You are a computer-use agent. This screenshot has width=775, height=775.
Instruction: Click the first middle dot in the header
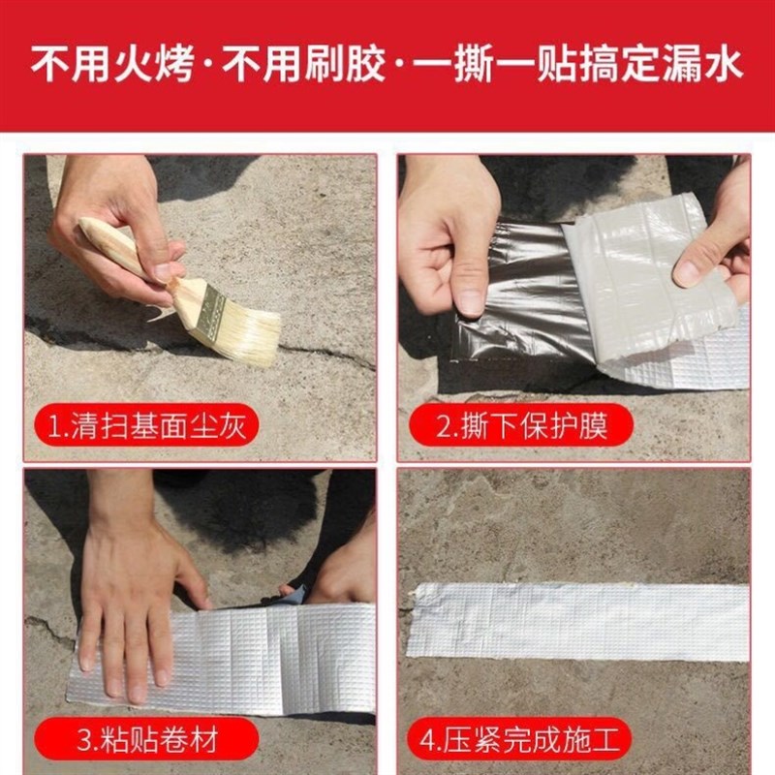pos(209,65)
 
